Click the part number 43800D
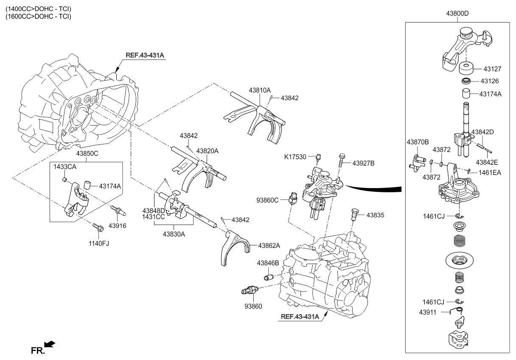point(457,14)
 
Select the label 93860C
point(267,199)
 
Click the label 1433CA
point(64,167)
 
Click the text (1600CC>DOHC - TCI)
point(37,17)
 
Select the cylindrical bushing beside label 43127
point(467,68)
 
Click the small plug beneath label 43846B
point(268,278)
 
